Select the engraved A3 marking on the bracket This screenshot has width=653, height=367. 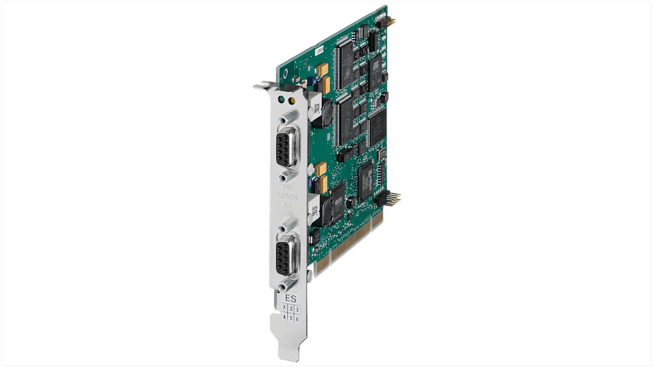click(287, 205)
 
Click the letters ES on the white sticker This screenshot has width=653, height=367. click(291, 298)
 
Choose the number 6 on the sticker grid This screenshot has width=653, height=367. click(298, 319)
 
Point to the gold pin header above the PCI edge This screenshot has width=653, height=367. click(392, 199)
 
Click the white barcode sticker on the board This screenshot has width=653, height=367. click(319, 50)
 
